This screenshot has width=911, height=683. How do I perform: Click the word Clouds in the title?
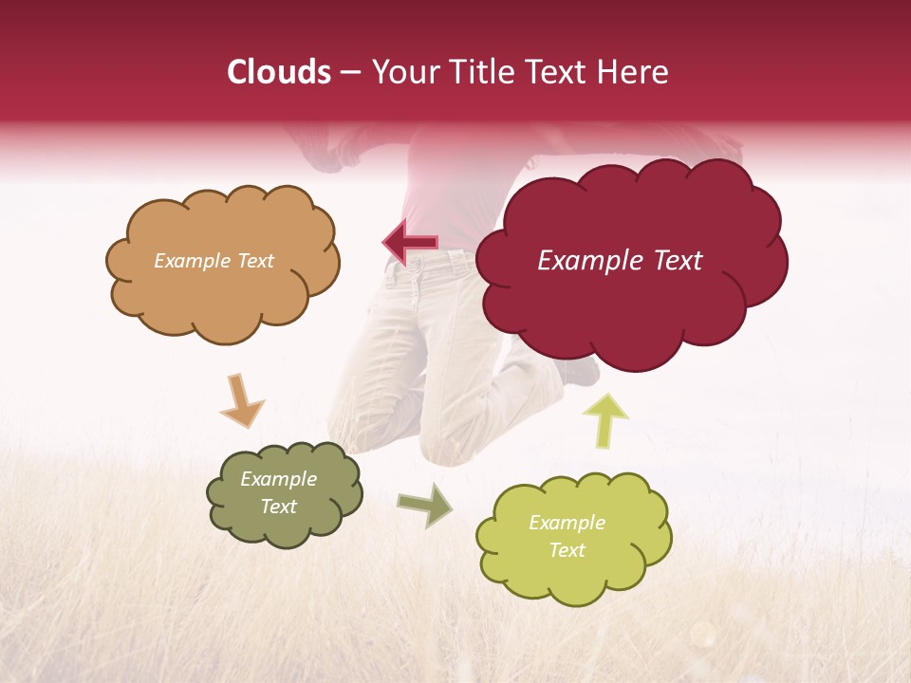(x=279, y=72)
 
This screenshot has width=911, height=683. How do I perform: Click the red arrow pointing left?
(x=410, y=242)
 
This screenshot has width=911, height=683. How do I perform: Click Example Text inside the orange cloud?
(x=214, y=261)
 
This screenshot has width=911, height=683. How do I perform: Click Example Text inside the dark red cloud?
(x=620, y=261)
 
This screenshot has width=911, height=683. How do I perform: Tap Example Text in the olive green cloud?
(x=278, y=493)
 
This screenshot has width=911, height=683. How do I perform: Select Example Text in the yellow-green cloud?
(x=567, y=536)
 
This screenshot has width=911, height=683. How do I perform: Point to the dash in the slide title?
(x=349, y=73)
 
